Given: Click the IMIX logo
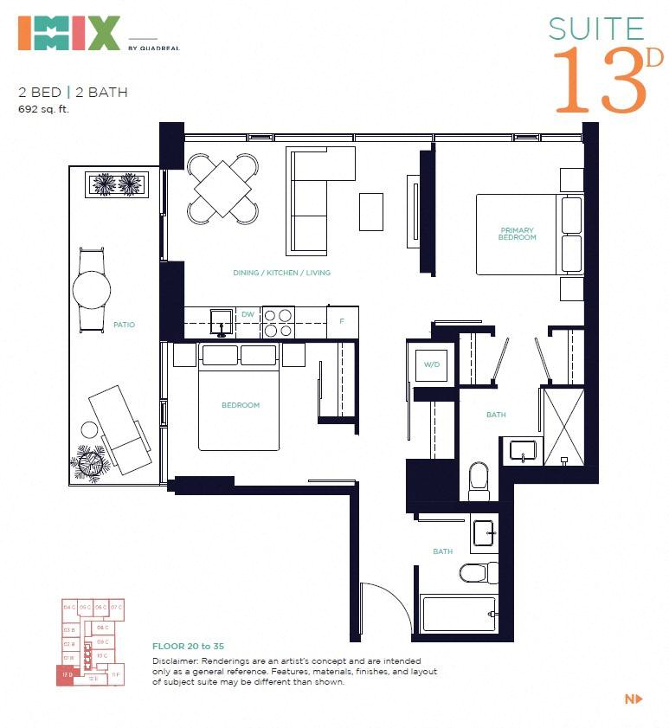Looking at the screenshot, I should [x=68, y=32].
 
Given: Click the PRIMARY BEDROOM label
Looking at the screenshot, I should [x=518, y=234].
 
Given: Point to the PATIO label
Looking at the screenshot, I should [x=124, y=325].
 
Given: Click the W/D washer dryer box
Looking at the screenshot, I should [x=431, y=364].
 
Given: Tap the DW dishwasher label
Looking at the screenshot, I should [x=248, y=314].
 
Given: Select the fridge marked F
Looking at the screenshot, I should [x=342, y=321].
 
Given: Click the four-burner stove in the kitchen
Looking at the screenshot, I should [x=279, y=322].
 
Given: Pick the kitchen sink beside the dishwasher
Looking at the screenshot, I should [x=222, y=320].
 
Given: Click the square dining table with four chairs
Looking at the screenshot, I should [x=223, y=188].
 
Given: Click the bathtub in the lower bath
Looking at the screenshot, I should [x=458, y=614].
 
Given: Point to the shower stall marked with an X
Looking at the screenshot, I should [x=563, y=425].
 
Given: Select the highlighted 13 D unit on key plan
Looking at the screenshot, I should [x=66, y=675].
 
